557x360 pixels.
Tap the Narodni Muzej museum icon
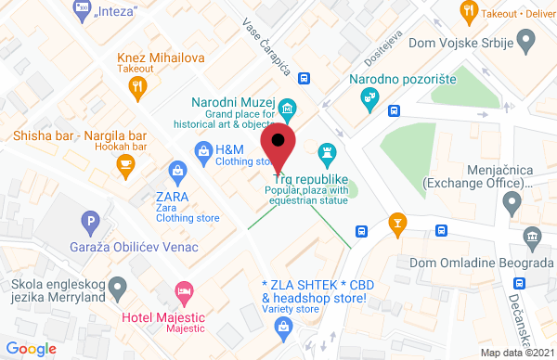point(288,110)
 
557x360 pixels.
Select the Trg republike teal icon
point(327,151)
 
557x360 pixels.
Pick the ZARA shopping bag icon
point(175,170)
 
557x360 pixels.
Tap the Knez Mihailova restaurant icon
point(138,86)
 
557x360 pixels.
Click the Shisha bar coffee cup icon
point(124,163)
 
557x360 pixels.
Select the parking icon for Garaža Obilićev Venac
point(90,223)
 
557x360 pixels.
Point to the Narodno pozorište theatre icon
point(371,96)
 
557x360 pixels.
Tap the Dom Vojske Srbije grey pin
point(526,40)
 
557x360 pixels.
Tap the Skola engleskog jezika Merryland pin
point(118,290)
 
